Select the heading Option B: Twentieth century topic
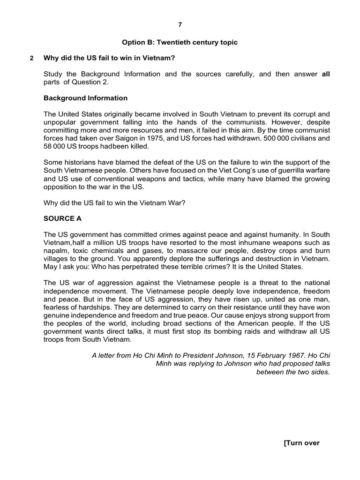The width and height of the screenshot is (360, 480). (x=180, y=42)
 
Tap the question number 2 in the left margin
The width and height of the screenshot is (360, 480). (x=31, y=59)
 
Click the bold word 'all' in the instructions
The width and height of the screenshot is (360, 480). (x=326, y=74)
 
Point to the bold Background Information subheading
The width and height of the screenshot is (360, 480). (x=85, y=98)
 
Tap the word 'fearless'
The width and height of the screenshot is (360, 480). (x=56, y=307)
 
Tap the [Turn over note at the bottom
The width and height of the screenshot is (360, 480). (x=302, y=443)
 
